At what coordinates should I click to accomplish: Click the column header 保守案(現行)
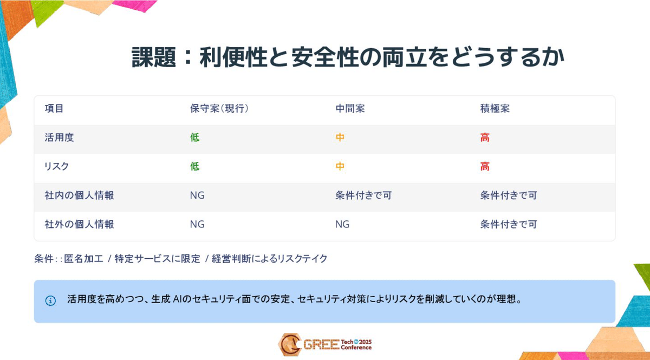pyautogui.click(x=219, y=108)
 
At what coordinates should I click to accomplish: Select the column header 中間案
pyautogui.click(x=350, y=108)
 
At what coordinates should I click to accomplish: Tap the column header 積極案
pyautogui.click(x=495, y=108)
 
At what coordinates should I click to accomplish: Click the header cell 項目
pyautogui.click(x=54, y=108)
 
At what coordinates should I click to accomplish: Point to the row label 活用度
pyautogui.click(x=59, y=138)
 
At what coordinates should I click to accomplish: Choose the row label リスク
pyautogui.click(x=57, y=167)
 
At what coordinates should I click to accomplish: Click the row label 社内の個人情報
pyautogui.click(x=79, y=195)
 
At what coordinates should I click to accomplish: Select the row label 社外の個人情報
pyautogui.click(x=79, y=224)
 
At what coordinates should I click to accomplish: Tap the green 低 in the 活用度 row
pyautogui.click(x=194, y=138)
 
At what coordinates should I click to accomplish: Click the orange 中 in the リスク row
pyautogui.click(x=340, y=167)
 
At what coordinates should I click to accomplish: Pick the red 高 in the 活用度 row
pyautogui.click(x=485, y=138)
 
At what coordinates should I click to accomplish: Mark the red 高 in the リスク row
pyautogui.click(x=485, y=167)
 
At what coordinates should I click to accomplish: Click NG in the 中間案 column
pyautogui.click(x=342, y=224)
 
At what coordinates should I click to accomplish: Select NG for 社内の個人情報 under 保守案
pyautogui.click(x=197, y=195)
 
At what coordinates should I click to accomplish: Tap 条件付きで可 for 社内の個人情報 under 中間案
pyautogui.click(x=363, y=195)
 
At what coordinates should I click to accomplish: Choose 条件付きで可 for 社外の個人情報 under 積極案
pyautogui.click(x=509, y=224)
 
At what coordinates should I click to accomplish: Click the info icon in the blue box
pyautogui.click(x=50, y=301)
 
